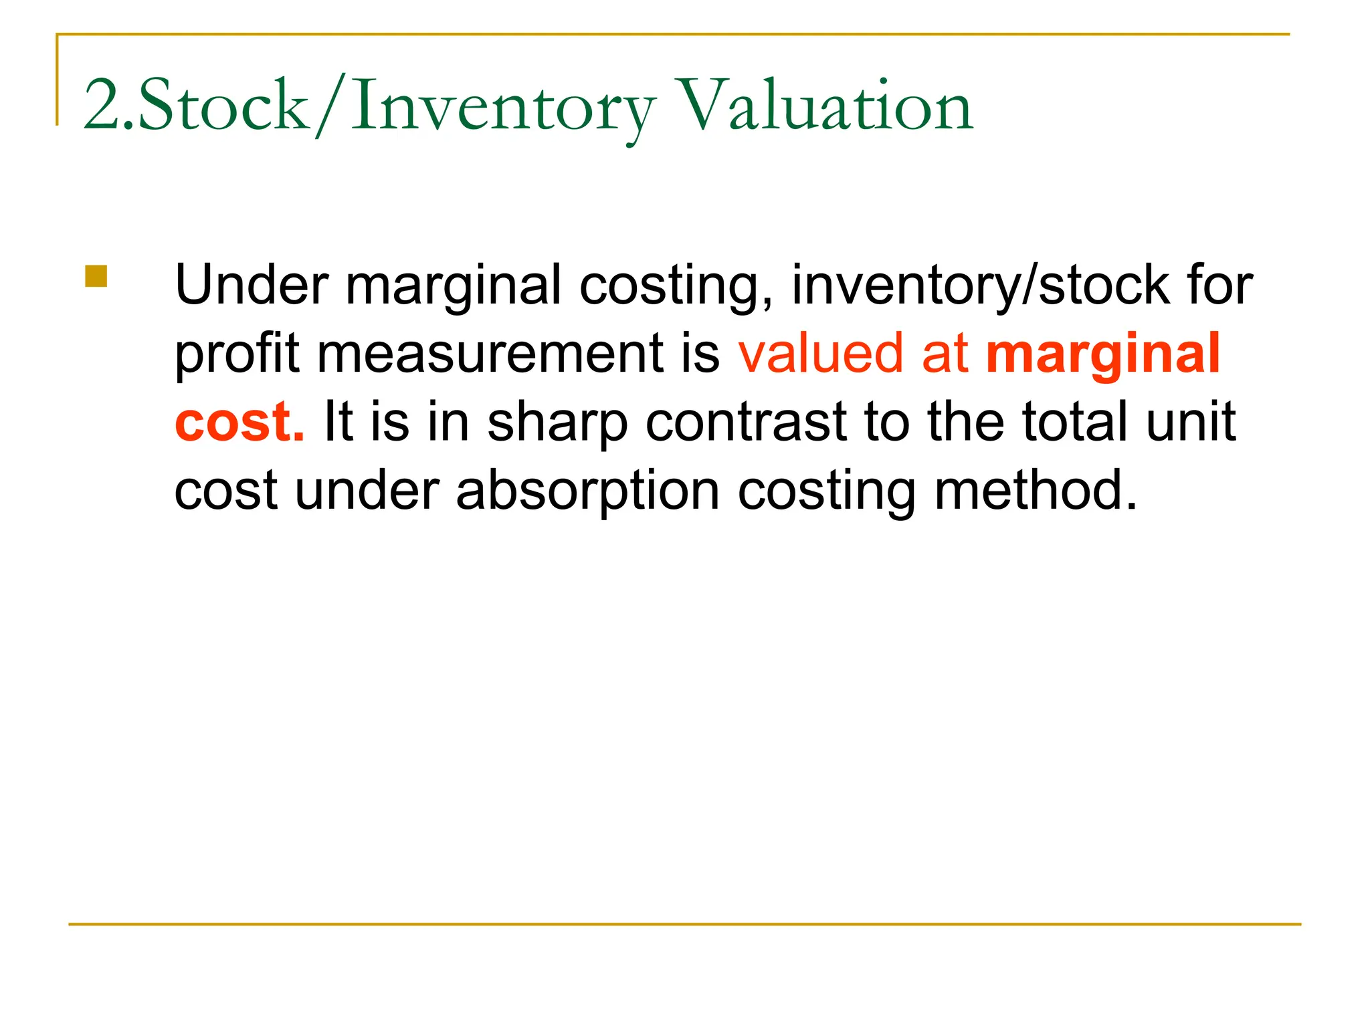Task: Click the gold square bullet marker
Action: [x=96, y=276]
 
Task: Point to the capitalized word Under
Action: [x=252, y=285]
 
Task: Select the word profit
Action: [x=237, y=354]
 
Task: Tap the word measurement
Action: [x=489, y=354]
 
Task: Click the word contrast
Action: [x=746, y=423]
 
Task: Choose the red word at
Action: [x=945, y=354]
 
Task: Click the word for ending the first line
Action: [x=1220, y=285]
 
